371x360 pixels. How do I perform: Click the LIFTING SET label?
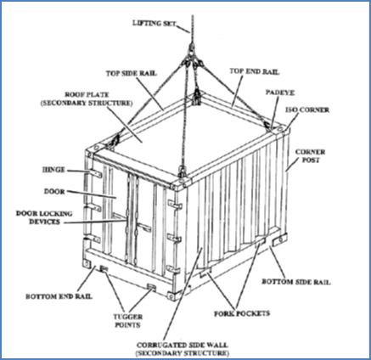tap(155, 23)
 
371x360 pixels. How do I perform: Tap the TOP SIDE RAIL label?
tap(132, 73)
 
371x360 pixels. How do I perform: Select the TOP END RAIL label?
tap(254, 71)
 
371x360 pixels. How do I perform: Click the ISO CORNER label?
tap(307, 110)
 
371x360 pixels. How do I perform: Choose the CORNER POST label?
tap(310, 155)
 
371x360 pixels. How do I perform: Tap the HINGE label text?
tap(53, 170)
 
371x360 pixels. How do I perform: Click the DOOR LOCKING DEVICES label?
tap(44, 217)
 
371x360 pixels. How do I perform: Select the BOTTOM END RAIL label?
tap(59, 296)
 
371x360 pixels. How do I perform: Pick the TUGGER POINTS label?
tap(128, 321)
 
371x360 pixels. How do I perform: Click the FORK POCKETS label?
tap(242, 313)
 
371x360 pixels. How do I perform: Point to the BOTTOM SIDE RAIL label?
tap(296, 282)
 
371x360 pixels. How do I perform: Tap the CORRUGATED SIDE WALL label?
tap(183, 345)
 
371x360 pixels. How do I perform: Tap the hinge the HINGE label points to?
tap(96, 173)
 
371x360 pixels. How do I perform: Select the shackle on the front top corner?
tap(182, 172)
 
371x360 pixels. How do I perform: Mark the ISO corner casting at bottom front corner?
tap(171, 296)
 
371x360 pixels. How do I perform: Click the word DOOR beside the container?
tap(54, 192)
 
